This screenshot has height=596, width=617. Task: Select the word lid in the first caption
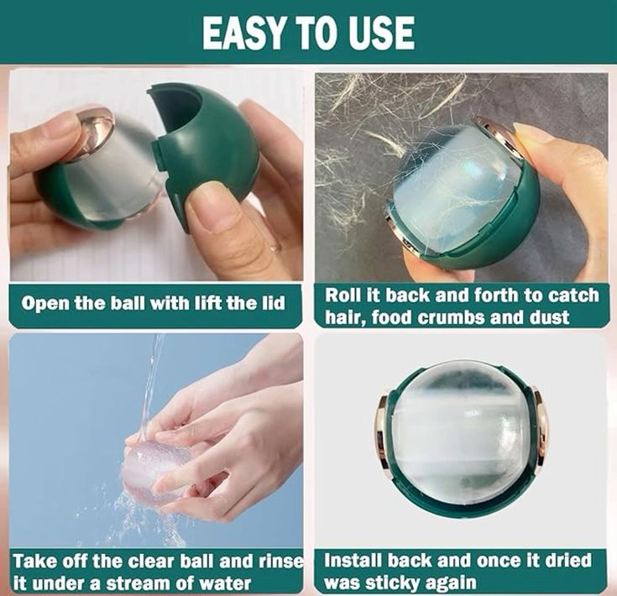click(273, 303)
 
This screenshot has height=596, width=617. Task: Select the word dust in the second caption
click(549, 317)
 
